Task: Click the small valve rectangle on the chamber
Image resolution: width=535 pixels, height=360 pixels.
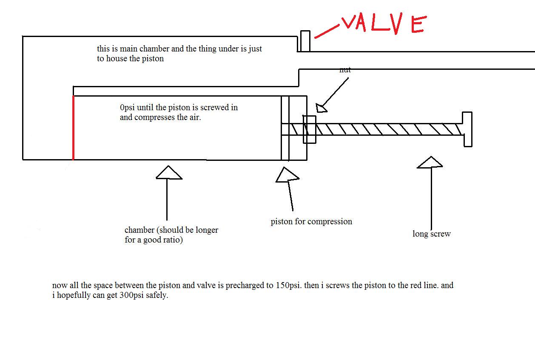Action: click(305, 41)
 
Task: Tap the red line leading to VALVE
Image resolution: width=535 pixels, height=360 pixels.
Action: click(326, 31)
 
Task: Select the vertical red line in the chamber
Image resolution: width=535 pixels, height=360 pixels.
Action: click(73, 128)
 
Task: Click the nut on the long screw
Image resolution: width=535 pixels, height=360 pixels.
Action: click(309, 129)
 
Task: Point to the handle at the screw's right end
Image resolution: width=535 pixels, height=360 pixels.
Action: click(467, 129)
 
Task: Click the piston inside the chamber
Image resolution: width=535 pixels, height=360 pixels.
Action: click(285, 128)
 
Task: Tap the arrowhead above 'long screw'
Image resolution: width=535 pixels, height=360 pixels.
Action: click(430, 163)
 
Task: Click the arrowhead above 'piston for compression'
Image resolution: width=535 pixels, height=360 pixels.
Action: click(287, 175)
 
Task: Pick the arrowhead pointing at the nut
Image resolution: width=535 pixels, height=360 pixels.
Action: click(322, 108)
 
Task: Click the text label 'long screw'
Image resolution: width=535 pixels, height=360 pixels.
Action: click(431, 234)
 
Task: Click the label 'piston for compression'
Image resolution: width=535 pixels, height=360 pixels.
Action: click(311, 221)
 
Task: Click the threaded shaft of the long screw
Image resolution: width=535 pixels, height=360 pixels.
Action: click(387, 129)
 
